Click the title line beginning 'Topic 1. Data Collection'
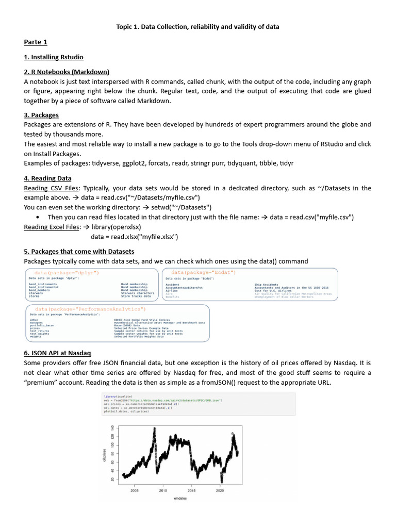click(x=197, y=26)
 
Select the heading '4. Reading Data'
click(x=47, y=178)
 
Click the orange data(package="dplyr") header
click(x=67, y=272)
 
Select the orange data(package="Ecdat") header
click(x=203, y=272)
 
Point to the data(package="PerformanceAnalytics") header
click(x=90, y=309)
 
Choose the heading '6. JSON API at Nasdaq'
click(x=57, y=353)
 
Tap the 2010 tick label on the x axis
click(x=163, y=491)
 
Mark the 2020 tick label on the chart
click(x=220, y=491)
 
